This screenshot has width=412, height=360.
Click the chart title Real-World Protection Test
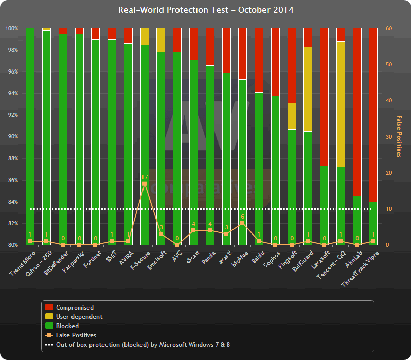(x=206, y=10)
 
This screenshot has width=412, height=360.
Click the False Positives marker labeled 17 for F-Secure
(x=145, y=184)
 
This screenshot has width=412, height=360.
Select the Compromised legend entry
(x=75, y=308)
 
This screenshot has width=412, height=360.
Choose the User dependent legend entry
(x=79, y=317)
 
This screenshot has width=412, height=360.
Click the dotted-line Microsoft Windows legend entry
(x=147, y=345)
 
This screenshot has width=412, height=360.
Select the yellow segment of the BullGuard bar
(x=308, y=89)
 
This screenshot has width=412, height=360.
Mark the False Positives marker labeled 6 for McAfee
(x=242, y=223)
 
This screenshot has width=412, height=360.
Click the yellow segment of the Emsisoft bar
(x=160, y=40)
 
